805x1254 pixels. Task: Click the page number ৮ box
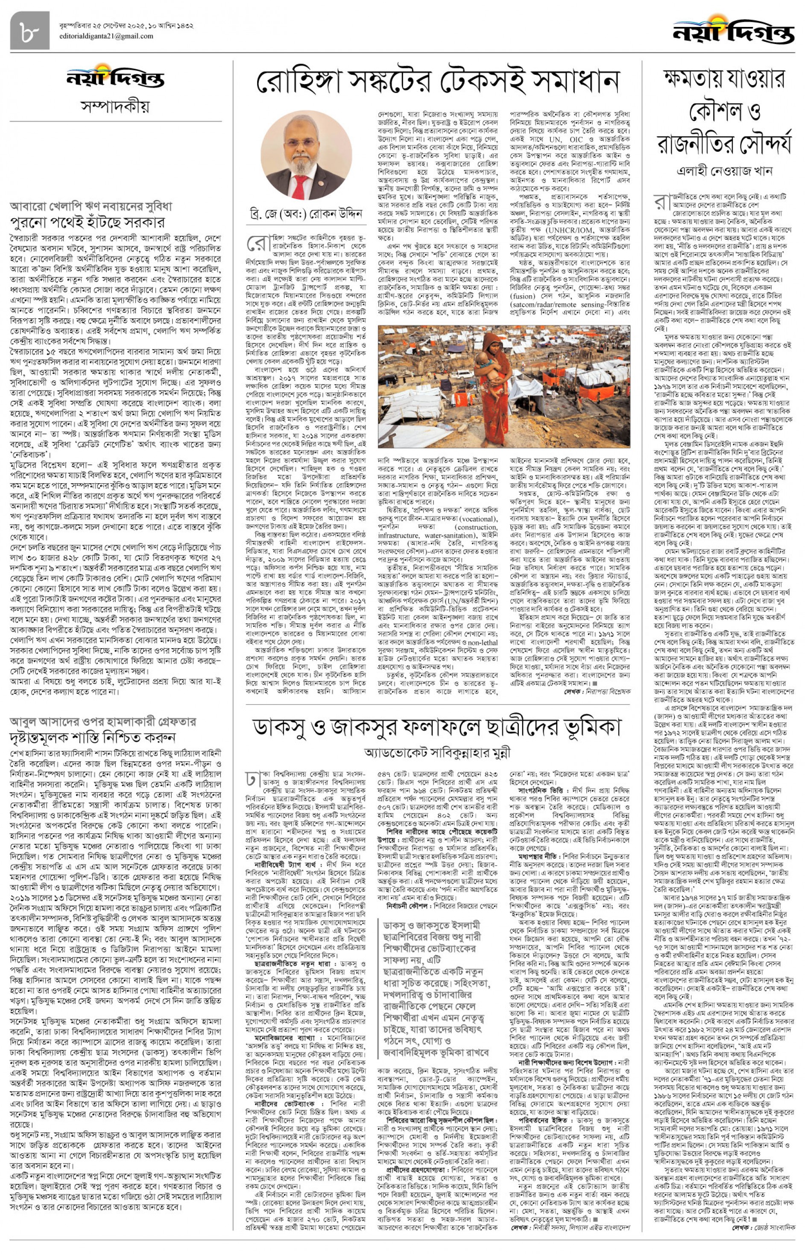pyautogui.click(x=29, y=31)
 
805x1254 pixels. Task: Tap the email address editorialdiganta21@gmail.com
pyautogui.click(x=106, y=36)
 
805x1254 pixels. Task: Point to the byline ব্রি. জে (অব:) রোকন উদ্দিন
pyautogui.click(x=306, y=214)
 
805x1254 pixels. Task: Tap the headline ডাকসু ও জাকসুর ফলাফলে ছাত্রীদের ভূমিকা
pyautogui.click(x=437, y=728)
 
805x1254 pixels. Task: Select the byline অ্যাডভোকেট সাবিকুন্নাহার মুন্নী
pyautogui.click(x=437, y=753)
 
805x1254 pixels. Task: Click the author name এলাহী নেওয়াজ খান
pyautogui.click(x=724, y=171)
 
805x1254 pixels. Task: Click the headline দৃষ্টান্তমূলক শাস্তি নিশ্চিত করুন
pyautogui.click(x=93, y=738)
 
